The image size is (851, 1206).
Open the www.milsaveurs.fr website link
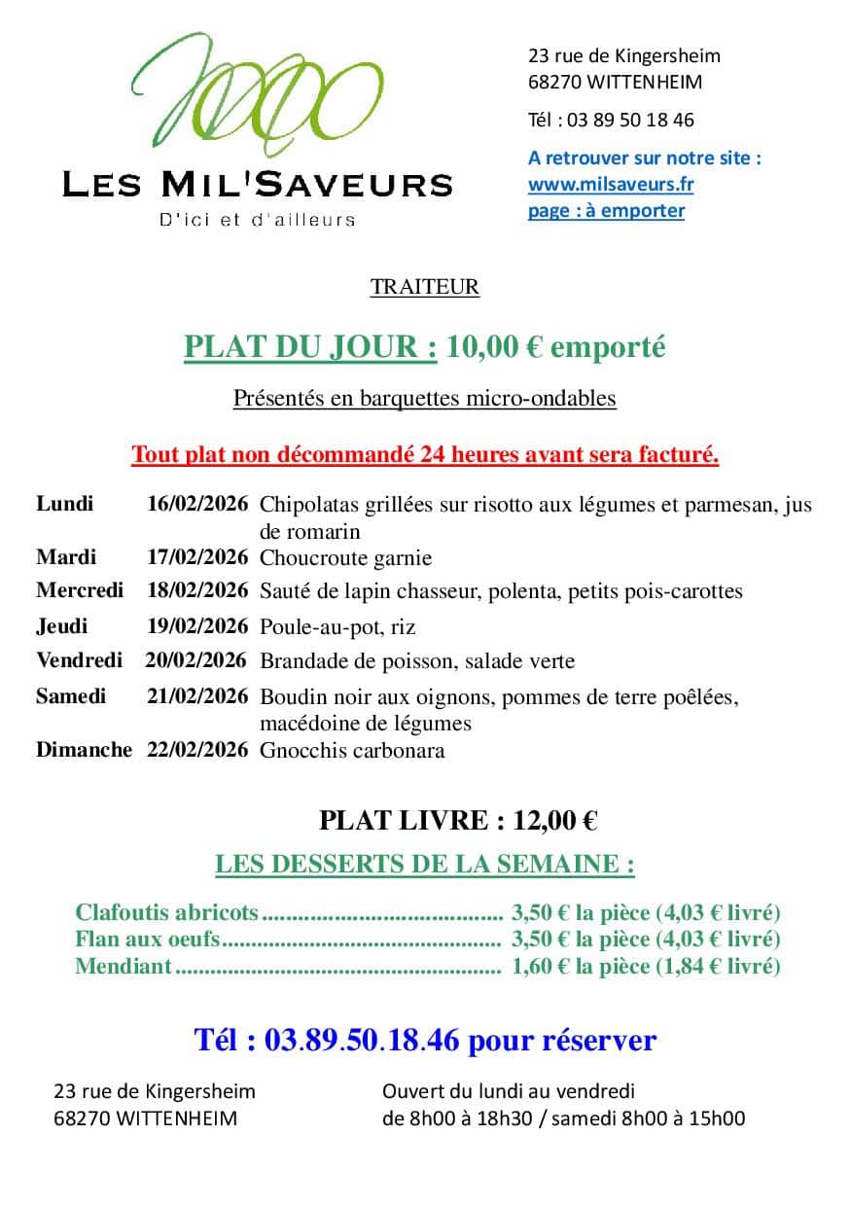[610, 184]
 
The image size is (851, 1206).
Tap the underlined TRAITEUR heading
[424, 287]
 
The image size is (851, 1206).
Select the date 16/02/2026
[197, 505]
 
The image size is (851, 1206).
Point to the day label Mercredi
[80, 590]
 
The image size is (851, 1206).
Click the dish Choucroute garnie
[345, 558]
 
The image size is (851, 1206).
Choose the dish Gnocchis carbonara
[352, 750]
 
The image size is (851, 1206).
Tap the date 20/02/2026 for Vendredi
[196, 661]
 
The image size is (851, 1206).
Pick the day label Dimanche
[84, 750]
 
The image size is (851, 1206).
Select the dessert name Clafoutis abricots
[166, 913]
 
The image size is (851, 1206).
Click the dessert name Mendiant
[124, 966]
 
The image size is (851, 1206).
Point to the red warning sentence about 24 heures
[425, 454]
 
